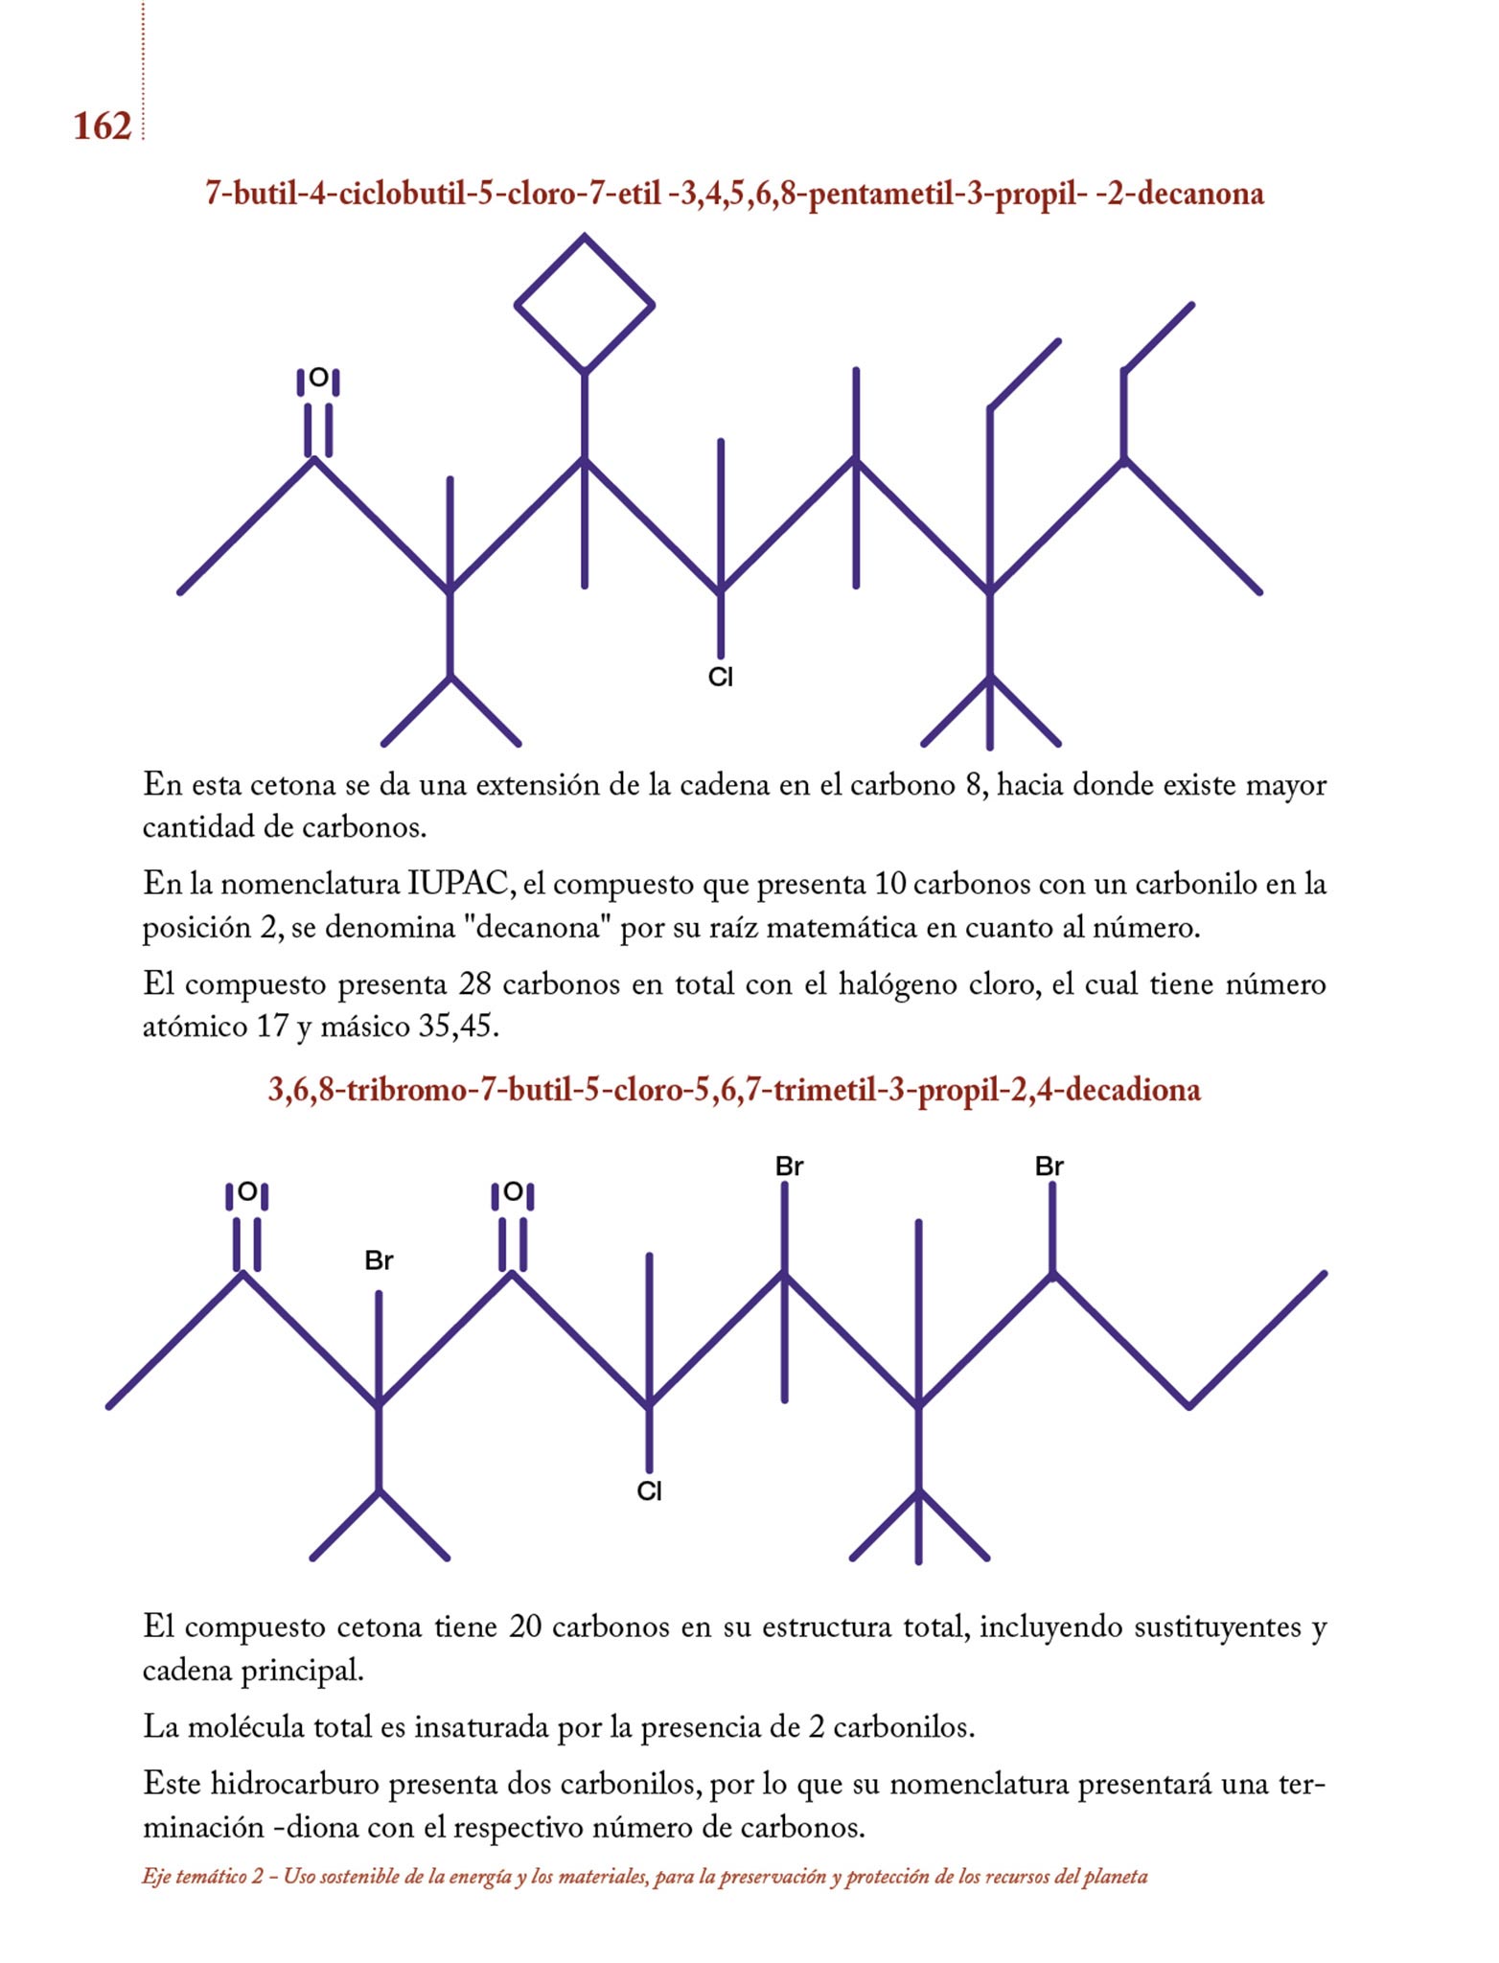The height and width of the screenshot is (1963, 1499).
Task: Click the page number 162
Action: point(102,127)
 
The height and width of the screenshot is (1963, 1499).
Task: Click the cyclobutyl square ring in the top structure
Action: point(585,304)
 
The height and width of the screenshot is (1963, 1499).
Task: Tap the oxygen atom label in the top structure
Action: point(318,380)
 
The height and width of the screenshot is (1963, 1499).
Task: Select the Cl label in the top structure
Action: point(721,678)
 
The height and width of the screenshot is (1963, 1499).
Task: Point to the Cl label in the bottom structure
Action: point(650,1491)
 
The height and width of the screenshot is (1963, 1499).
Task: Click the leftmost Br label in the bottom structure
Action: point(379,1260)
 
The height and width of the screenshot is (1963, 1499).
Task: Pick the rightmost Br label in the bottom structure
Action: point(1049,1166)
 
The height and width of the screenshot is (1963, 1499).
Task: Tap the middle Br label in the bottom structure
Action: point(789,1166)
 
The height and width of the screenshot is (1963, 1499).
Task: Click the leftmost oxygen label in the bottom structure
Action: point(247,1192)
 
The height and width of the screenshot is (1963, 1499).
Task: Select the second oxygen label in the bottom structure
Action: point(513,1192)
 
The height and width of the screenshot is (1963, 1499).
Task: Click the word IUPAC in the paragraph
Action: point(460,884)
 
